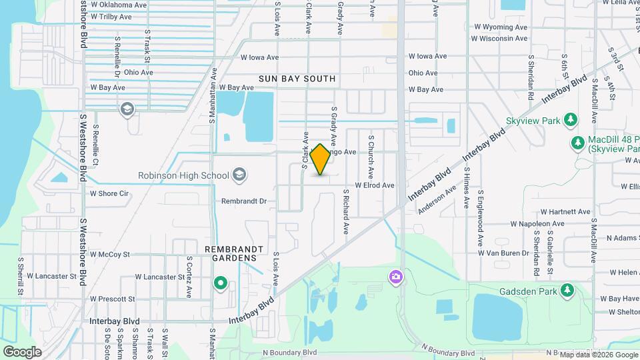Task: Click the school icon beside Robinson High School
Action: click(239, 176)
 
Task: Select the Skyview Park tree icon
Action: click(570, 119)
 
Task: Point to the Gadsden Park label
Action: click(527, 291)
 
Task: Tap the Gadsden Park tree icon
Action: click(567, 290)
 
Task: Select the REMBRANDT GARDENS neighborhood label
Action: click(231, 253)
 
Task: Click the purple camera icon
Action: click(396, 276)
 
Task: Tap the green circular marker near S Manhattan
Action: click(221, 284)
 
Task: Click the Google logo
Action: click(22, 351)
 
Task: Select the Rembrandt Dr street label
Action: click(243, 201)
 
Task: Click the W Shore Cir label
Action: click(109, 194)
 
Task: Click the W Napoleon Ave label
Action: click(537, 224)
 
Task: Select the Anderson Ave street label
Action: click(437, 199)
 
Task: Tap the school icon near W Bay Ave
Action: click(127, 109)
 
